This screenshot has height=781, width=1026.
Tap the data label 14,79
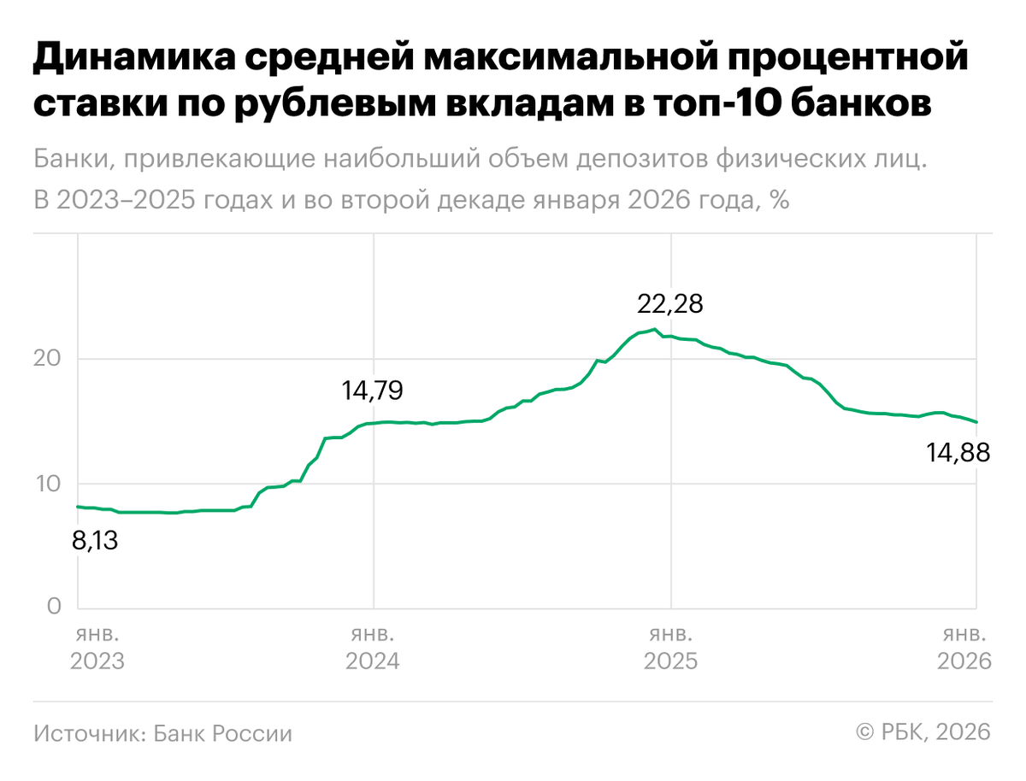[372, 391]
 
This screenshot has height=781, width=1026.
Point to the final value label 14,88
[958, 453]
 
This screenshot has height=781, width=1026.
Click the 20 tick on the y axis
[47, 358]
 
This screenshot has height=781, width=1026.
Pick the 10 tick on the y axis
[47, 484]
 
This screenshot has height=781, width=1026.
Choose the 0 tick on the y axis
[53, 607]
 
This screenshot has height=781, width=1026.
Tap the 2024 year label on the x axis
[372, 661]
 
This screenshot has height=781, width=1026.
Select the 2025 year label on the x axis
[670, 661]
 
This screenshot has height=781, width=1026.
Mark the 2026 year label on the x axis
[964, 661]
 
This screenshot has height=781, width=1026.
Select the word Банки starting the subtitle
[69, 160]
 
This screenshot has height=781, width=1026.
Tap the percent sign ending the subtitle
[778, 201]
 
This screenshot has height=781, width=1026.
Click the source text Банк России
[223, 733]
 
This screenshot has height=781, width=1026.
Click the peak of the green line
[654, 329]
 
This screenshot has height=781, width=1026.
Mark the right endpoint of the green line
[977, 422]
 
